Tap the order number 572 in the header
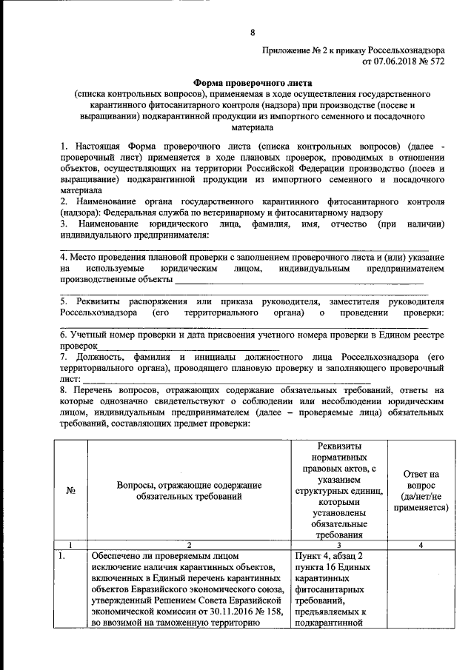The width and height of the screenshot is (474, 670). (436, 62)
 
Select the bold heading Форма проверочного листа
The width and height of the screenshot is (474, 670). (253, 84)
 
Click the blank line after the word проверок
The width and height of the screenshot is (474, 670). (189, 346)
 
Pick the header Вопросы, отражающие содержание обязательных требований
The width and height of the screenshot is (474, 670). (190, 490)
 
